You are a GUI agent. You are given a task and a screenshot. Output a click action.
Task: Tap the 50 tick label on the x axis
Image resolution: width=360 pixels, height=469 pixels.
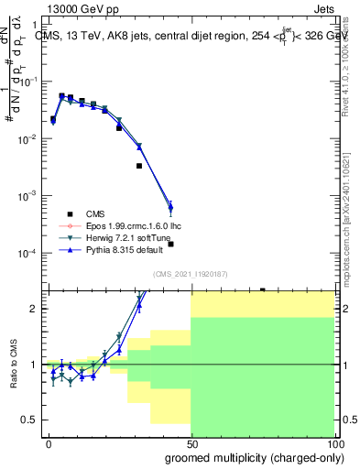pyautogui.click(x=191, y=442)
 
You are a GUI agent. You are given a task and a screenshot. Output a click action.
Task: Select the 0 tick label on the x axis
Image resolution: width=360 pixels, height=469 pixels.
pyautogui.click(x=49, y=442)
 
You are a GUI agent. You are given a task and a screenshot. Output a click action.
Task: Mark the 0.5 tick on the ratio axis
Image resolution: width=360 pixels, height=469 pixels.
pyautogui.click(x=29, y=420)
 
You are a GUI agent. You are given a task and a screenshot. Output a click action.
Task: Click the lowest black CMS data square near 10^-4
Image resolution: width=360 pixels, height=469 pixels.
pyautogui.click(x=170, y=244)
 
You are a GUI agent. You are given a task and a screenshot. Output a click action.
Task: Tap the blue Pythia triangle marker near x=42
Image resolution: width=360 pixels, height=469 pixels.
pyautogui.click(x=170, y=206)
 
